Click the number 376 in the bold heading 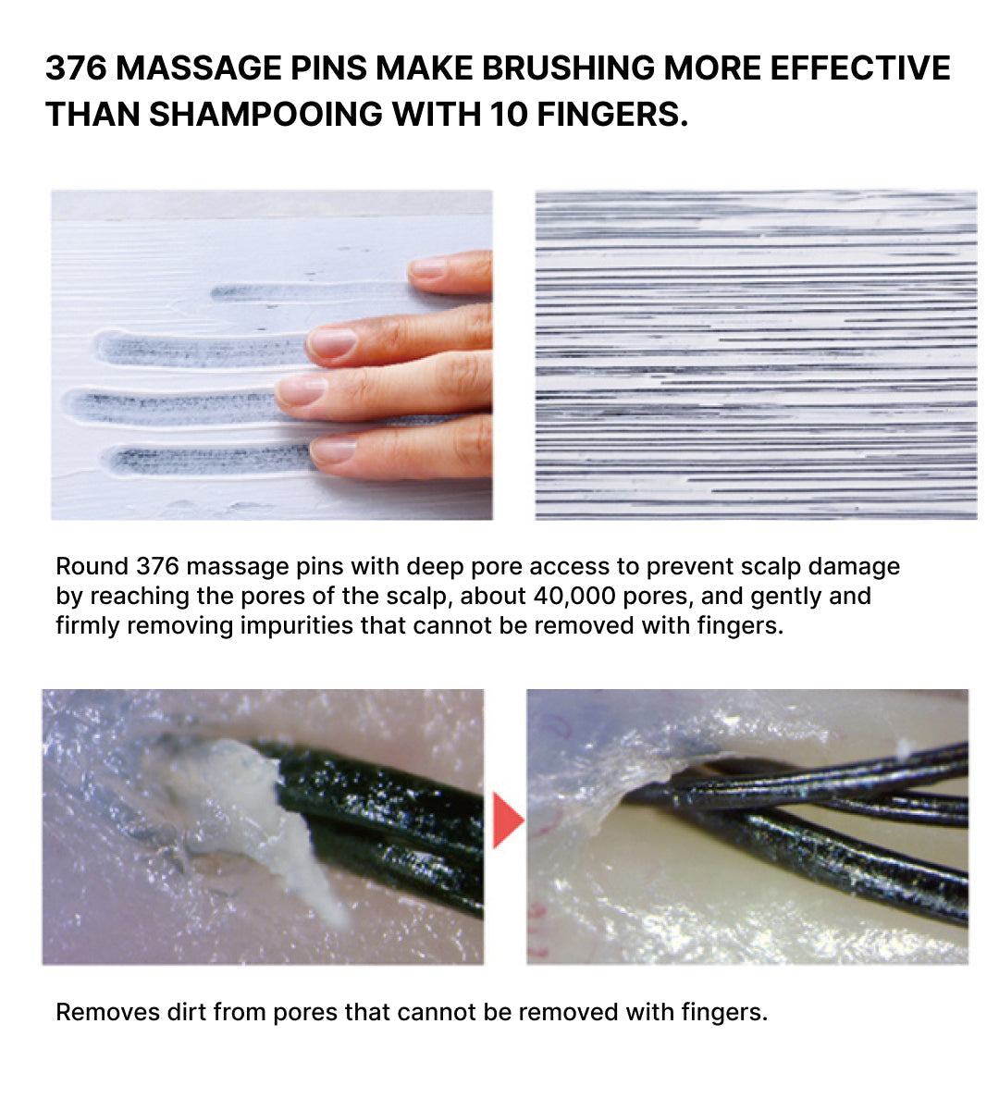(77, 68)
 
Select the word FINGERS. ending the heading (612, 115)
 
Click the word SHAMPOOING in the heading (265, 115)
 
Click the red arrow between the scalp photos (508, 820)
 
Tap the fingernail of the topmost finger (427, 268)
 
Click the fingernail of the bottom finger (333, 449)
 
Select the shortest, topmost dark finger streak (310, 291)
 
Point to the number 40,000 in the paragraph (573, 597)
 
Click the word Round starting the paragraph (92, 567)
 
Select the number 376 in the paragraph (158, 567)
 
